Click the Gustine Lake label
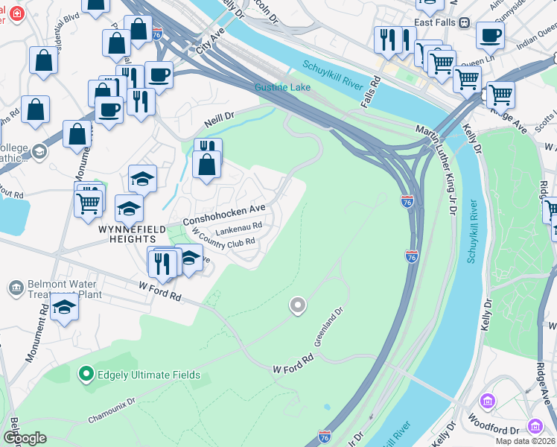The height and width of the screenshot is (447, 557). click(x=282, y=87)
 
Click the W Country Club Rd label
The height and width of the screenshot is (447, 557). click(x=224, y=241)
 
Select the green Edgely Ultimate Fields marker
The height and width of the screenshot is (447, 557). click(x=87, y=374)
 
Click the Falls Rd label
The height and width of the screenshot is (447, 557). click(x=370, y=94)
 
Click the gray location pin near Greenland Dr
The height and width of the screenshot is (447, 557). click(x=298, y=305)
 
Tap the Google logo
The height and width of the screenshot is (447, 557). click(x=25, y=438)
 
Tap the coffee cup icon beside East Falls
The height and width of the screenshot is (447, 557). click(x=490, y=35)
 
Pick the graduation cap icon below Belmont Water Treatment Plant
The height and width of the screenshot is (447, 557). click(x=65, y=307)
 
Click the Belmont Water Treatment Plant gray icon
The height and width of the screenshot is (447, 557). click(x=16, y=288)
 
